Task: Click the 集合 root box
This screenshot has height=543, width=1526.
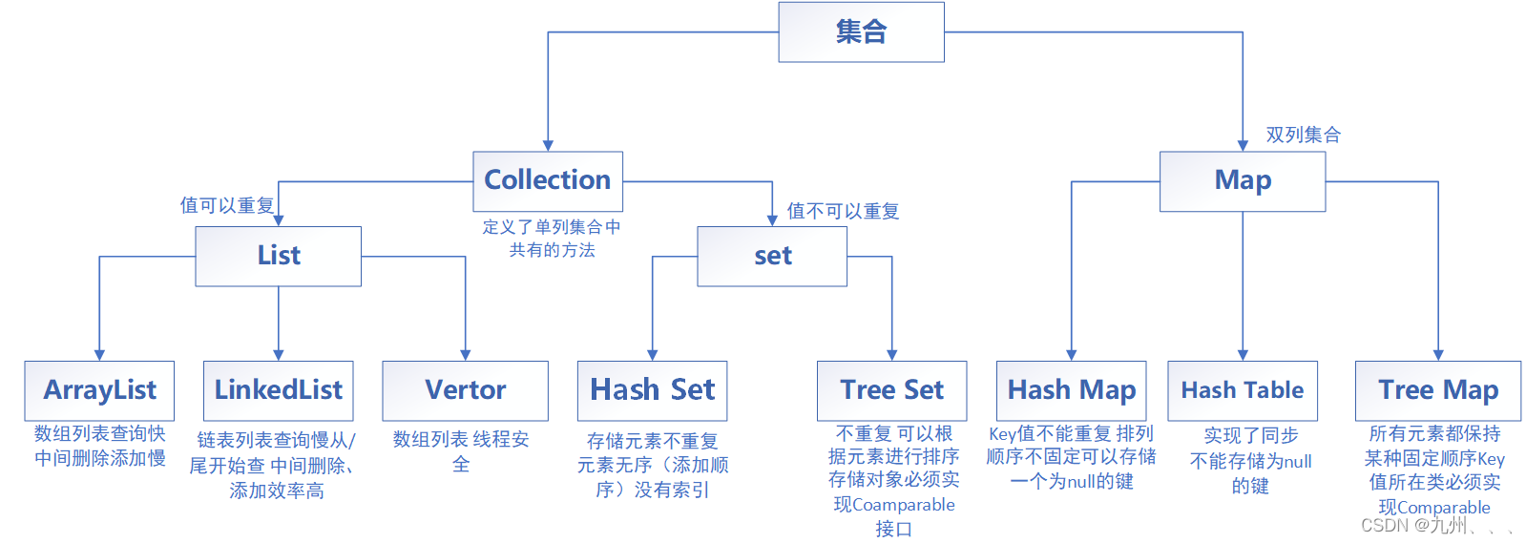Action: (861, 32)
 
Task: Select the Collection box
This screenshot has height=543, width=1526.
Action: (548, 181)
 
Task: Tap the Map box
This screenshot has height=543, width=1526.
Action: (1243, 181)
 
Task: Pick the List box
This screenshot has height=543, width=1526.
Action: (279, 256)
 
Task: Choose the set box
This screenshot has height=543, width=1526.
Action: (772, 256)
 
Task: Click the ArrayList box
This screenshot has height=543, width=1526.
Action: (99, 390)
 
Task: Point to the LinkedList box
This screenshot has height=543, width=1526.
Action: (279, 390)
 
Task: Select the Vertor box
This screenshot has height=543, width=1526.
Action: (465, 390)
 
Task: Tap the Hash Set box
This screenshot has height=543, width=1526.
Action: (652, 390)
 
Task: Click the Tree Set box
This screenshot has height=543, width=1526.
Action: (891, 390)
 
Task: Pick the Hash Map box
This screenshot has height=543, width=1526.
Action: (1072, 390)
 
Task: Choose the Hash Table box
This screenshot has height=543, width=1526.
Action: (1243, 390)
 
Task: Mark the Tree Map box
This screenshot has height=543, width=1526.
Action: (1438, 390)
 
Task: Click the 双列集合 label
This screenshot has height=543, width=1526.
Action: (1303, 136)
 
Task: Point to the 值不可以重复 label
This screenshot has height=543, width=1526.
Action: (843, 211)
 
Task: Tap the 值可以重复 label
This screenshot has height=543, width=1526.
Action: (227, 205)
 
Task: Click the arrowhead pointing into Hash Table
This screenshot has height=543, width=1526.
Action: (1243, 355)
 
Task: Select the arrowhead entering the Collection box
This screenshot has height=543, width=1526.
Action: (548, 145)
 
